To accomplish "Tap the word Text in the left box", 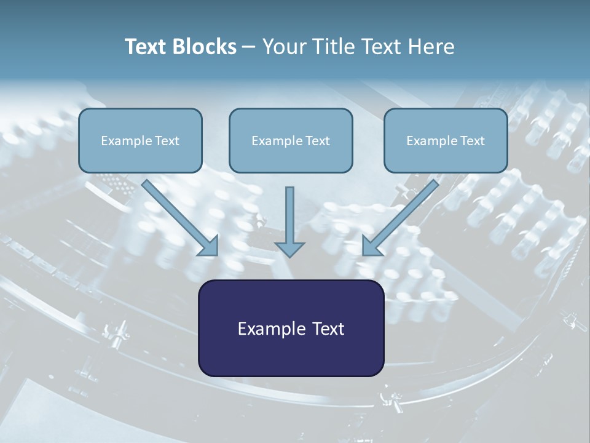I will coord(167,141).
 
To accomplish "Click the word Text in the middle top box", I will coord(318,141).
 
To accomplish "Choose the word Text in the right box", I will coord(473,141).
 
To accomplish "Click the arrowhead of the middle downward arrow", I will coord(289,249).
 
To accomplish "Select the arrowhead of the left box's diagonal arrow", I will coord(209,246).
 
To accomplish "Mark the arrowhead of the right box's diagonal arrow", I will coord(371,246).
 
